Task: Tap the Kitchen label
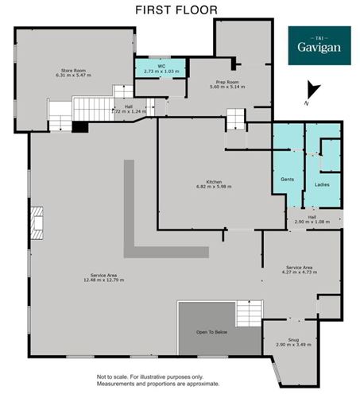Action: tap(214, 182)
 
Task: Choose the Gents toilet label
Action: tap(287, 180)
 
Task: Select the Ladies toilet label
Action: tap(322, 185)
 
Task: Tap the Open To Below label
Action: tap(211, 332)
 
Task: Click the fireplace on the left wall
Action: tap(37, 222)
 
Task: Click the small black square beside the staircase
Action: tap(80, 126)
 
